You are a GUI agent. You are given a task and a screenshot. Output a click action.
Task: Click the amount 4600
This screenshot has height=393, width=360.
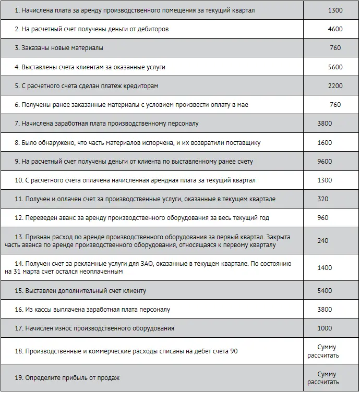point(335,29)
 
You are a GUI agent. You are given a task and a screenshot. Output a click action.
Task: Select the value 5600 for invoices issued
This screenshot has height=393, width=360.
point(335,67)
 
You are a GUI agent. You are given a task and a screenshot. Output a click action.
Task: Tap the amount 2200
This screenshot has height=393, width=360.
point(335,86)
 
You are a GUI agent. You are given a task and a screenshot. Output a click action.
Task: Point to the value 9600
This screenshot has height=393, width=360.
point(325,162)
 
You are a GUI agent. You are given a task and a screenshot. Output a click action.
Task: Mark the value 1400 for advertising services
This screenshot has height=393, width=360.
point(325,267)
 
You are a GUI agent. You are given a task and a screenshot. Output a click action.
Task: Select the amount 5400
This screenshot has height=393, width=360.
point(325,290)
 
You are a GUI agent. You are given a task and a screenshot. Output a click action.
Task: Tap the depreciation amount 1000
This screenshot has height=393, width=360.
point(325,328)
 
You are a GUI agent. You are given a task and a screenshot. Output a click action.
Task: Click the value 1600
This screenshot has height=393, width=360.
point(325,143)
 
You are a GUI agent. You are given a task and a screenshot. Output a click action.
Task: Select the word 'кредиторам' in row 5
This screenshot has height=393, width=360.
point(141,86)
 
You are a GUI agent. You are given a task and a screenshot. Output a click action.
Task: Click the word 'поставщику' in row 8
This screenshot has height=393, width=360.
point(243,143)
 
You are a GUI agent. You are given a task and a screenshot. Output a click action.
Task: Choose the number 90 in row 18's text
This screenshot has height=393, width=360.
point(234,351)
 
